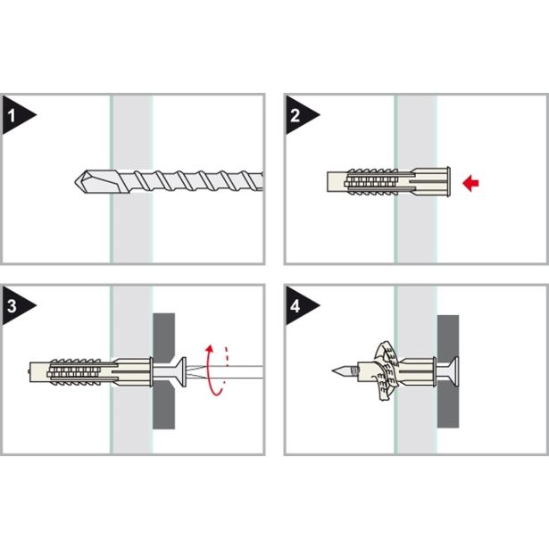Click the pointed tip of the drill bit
(76, 182)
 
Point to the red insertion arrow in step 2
(470, 183)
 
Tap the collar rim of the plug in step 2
(448, 182)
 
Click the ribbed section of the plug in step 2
(372, 182)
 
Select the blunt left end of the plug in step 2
(329, 182)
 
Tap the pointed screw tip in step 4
(333, 370)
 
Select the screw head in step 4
(453, 372)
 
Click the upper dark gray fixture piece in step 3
(164, 337)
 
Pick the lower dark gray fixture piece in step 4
(448, 404)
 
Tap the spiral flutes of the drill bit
(196, 181)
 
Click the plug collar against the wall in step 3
(151, 372)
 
